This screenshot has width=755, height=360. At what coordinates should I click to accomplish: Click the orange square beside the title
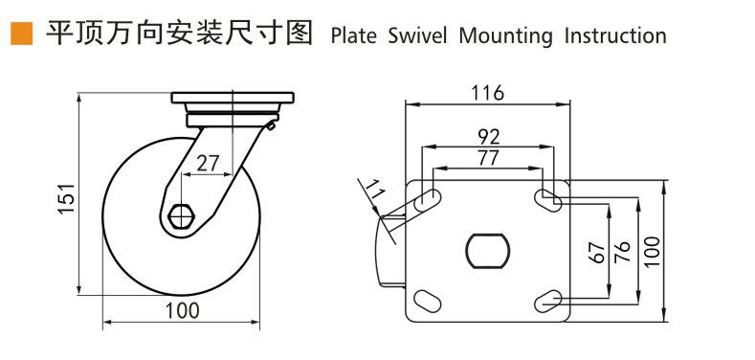click(x=22, y=34)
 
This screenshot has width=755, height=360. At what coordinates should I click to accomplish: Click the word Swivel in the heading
click(x=418, y=35)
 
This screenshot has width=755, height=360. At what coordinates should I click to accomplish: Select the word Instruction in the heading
click(x=615, y=35)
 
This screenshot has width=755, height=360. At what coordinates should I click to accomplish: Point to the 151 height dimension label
click(x=66, y=198)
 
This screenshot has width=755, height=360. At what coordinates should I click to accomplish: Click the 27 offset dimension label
click(x=208, y=165)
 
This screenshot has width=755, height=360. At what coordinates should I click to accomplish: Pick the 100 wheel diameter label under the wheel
click(x=183, y=311)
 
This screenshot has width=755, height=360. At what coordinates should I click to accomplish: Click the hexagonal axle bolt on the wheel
click(x=181, y=217)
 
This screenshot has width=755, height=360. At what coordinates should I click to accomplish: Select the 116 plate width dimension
click(x=487, y=93)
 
